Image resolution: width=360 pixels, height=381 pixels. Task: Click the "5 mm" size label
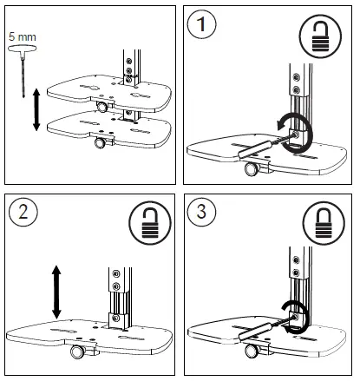pyautogui.click(x=20, y=37)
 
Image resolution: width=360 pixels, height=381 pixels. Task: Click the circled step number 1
pyautogui.click(x=205, y=27)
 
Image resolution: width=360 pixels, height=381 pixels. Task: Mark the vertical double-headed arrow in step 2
pyautogui.click(x=55, y=292)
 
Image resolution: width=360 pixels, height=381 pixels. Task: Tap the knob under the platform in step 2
pyautogui.click(x=77, y=352)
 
